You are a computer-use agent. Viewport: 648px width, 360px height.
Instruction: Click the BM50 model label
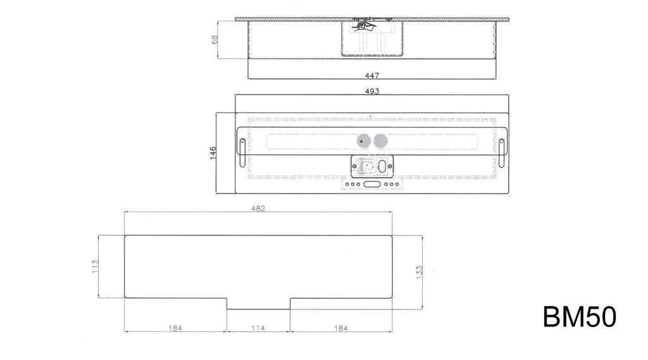580,317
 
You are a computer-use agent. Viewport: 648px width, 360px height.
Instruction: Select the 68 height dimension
214,40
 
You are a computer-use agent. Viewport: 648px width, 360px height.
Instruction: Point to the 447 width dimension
372,75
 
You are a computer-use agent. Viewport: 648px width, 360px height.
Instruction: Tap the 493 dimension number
372,91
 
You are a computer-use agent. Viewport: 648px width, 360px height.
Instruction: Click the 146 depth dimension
213,152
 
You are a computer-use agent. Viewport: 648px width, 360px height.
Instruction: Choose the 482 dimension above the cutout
258,208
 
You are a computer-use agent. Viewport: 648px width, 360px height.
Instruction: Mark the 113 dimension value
95,266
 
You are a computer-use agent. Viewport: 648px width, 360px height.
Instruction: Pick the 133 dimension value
419,273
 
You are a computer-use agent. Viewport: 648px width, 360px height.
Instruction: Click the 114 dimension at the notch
258,328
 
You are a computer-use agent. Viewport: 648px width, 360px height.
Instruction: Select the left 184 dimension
175,328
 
